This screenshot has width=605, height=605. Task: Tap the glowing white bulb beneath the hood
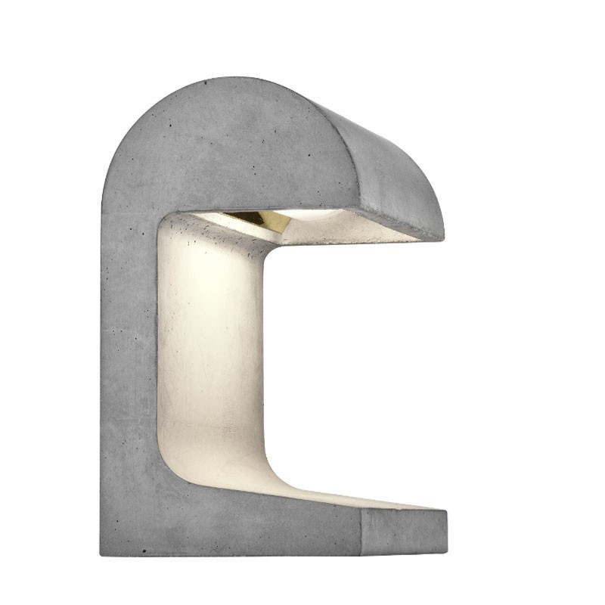314,215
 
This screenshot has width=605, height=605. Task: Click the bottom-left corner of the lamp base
101,554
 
